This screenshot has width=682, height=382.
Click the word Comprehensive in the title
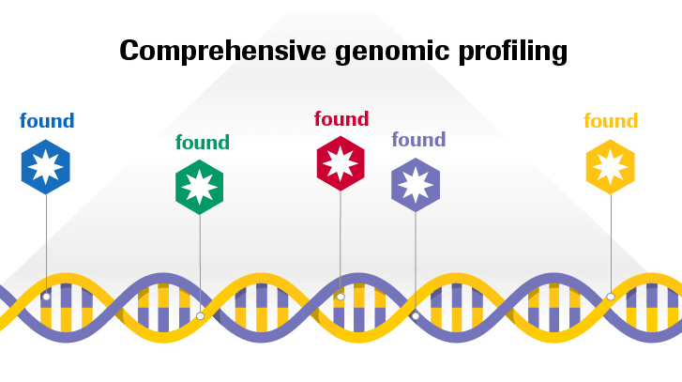[222, 51]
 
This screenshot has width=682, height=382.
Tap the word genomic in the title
[392, 53]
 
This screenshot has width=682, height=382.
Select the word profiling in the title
[513, 53]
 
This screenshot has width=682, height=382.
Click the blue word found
[47, 120]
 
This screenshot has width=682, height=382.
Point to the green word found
[203, 142]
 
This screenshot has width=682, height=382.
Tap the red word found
[341, 118]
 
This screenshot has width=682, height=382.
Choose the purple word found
[418, 139]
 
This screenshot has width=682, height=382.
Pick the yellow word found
[611, 120]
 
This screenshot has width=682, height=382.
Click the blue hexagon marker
[46, 167]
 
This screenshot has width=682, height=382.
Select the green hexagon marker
[199, 187]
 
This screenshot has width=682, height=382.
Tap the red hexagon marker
[341, 163]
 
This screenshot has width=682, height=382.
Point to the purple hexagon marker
[416, 185]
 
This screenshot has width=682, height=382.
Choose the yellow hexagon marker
[610, 167]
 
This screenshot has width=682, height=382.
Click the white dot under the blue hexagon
[46, 297]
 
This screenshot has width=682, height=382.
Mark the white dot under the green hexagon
[200, 316]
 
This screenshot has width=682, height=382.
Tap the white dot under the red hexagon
[341, 297]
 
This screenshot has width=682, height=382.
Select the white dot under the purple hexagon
[416, 316]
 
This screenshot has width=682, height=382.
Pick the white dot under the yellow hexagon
[611, 297]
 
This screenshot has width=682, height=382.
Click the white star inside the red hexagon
[341, 163]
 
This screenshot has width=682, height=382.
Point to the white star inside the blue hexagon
[46, 167]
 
